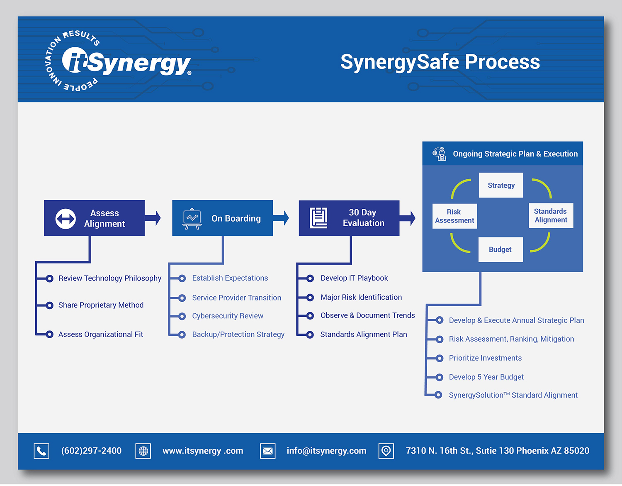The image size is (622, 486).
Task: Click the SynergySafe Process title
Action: [x=440, y=62]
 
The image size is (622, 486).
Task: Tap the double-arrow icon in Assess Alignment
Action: [x=66, y=218]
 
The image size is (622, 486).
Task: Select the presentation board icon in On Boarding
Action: [x=192, y=218]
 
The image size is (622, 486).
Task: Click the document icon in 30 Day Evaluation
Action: [x=318, y=218]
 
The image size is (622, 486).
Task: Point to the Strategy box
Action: [x=501, y=185]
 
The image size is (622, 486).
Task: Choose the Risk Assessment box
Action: [x=454, y=216]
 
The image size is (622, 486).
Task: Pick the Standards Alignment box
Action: [x=551, y=216]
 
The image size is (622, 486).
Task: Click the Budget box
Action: [x=500, y=249]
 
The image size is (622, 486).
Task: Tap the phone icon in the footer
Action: [x=41, y=451]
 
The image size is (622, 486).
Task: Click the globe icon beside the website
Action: [x=143, y=451]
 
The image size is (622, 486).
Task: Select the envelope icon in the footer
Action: [x=268, y=451]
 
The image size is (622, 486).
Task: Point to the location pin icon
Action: [x=386, y=451]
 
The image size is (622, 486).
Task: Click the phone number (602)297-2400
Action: [x=91, y=451]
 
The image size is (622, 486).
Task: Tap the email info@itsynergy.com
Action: [x=326, y=451]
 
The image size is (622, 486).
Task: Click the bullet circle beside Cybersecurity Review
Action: [x=182, y=316]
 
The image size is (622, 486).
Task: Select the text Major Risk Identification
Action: [x=361, y=297]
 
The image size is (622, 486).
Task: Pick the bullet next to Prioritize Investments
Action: [x=440, y=358]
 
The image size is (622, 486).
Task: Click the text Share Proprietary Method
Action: [x=101, y=305]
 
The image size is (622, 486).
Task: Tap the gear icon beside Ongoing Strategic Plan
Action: [x=439, y=154]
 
